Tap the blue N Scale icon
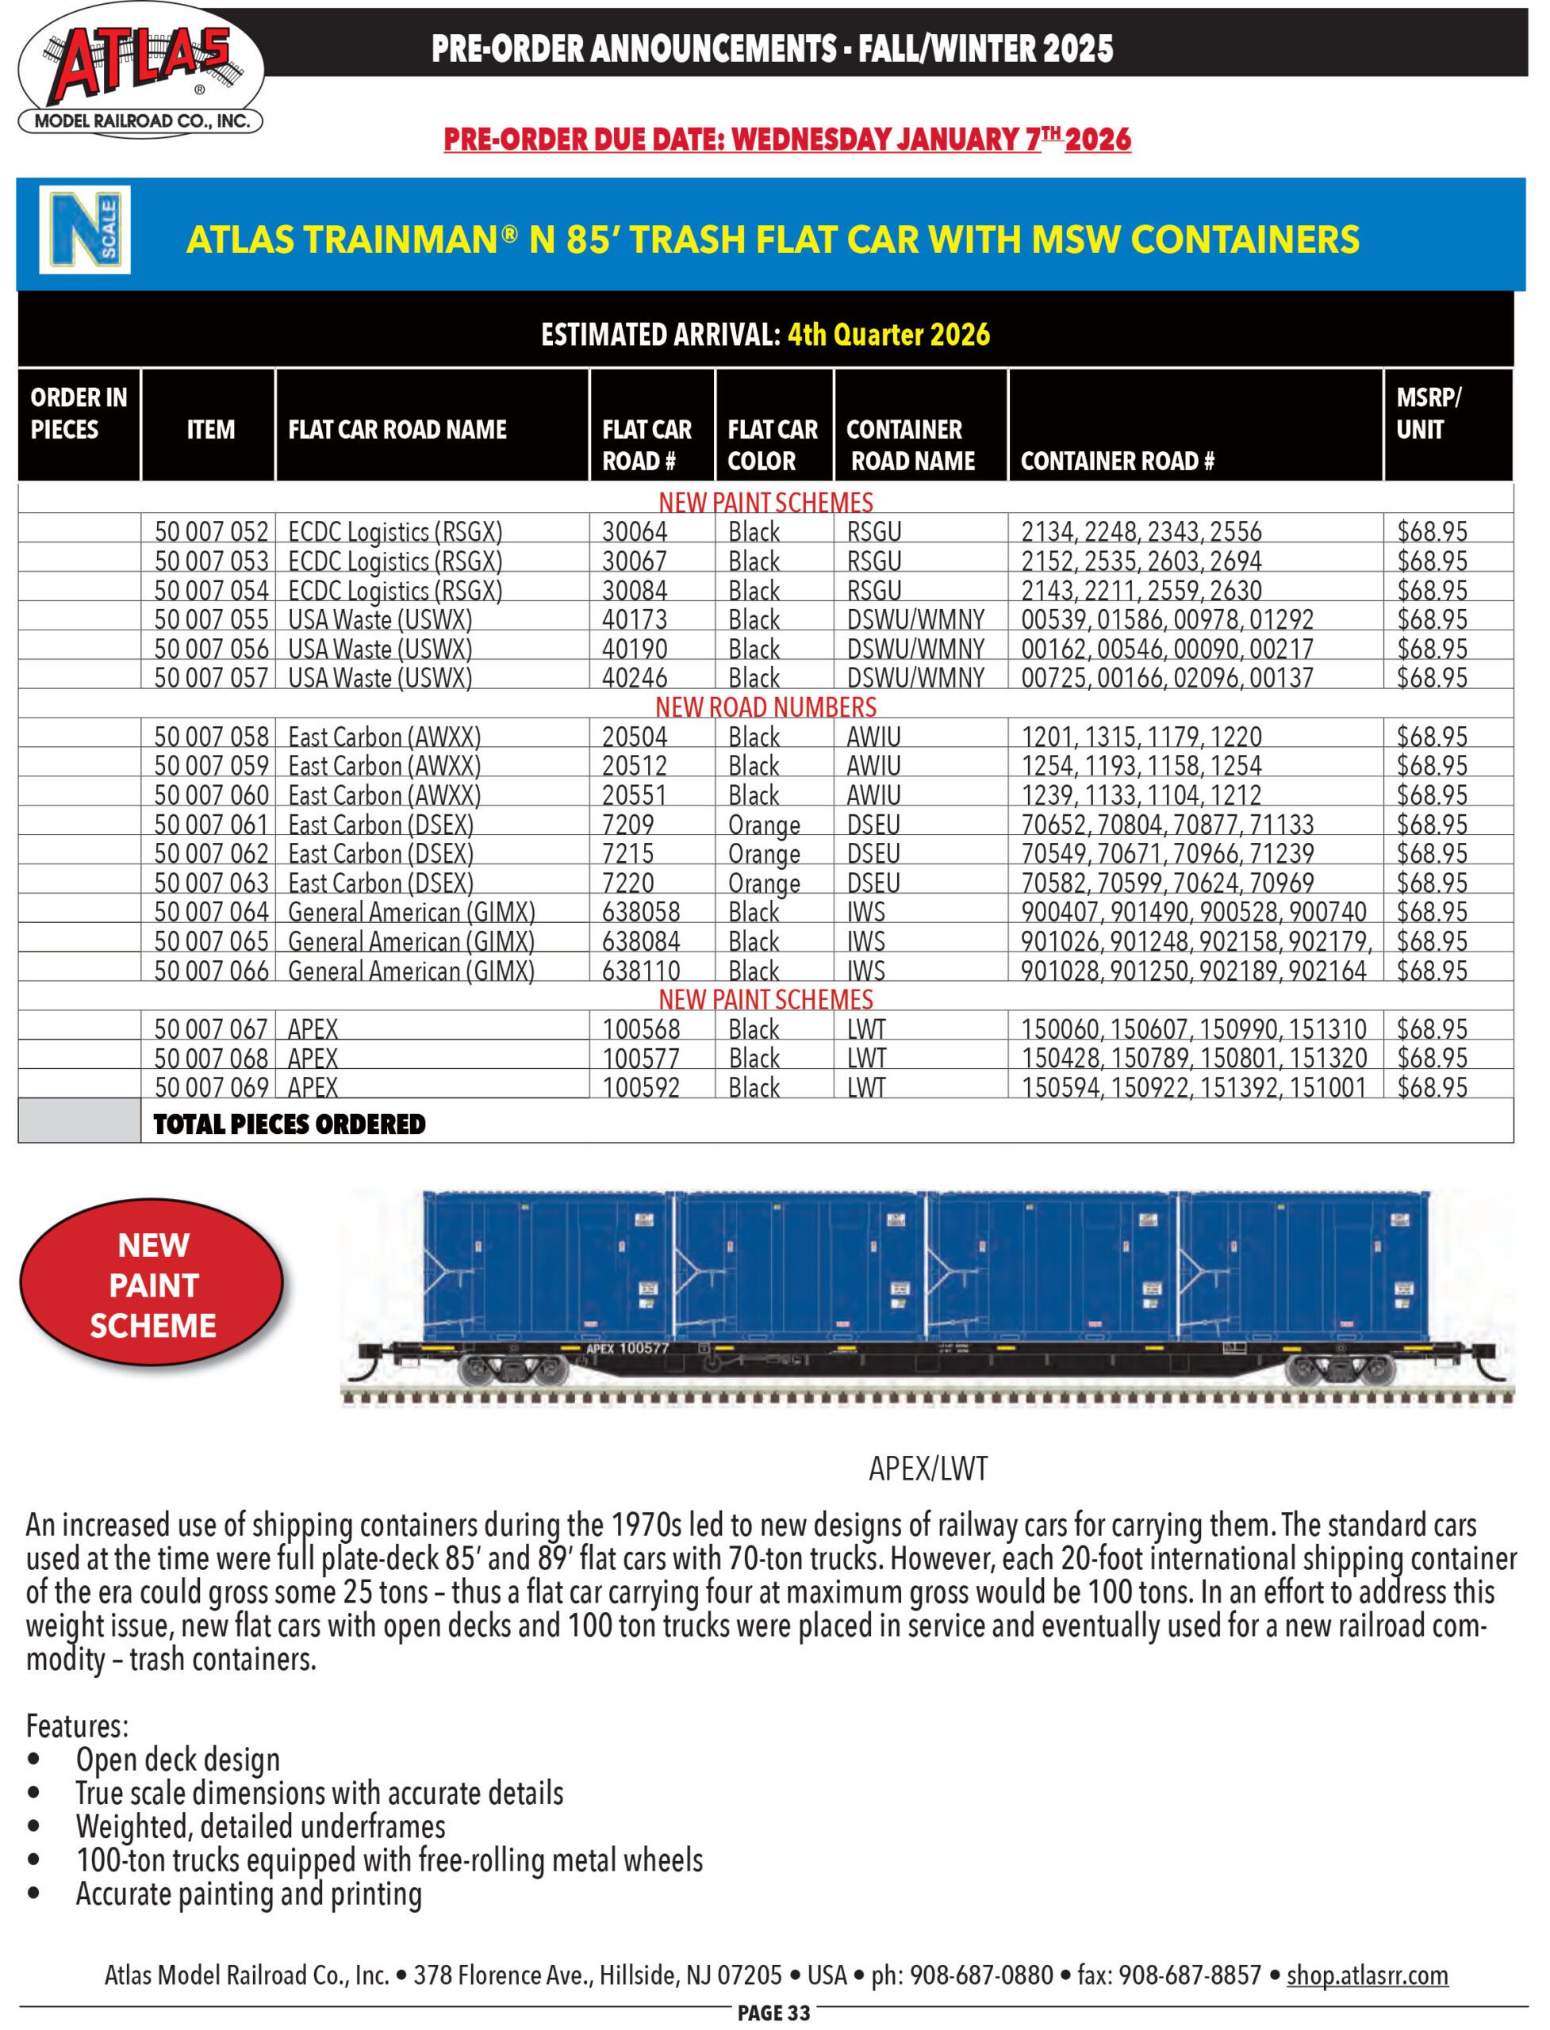(85, 230)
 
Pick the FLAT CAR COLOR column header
(773, 445)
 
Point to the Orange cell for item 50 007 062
(764, 854)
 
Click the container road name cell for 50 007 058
(873, 737)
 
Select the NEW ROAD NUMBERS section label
(765, 707)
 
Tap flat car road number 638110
(640, 971)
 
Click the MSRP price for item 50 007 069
(1432, 1088)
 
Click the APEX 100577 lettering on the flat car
(627, 1348)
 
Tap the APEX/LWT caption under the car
(928, 1469)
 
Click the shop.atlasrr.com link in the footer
(1368, 1975)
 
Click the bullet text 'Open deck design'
(177, 1760)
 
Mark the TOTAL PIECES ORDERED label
(290, 1124)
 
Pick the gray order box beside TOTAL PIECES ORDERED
(79, 1120)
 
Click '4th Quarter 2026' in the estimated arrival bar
(888, 334)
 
